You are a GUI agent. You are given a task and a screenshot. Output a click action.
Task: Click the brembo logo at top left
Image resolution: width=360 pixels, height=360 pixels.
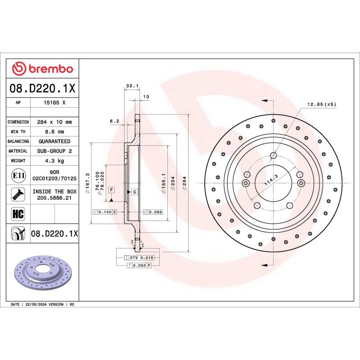click(42, 68)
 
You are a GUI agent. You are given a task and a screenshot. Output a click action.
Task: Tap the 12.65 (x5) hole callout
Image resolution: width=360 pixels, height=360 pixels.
click(321, 104)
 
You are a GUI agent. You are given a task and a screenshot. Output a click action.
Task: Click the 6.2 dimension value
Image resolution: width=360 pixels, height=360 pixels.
click(114, 121)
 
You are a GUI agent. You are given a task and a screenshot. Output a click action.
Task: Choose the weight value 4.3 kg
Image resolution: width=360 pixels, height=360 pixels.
click(55, 161)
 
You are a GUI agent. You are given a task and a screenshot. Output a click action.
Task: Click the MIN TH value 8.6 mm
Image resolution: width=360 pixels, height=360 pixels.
click(55, 131)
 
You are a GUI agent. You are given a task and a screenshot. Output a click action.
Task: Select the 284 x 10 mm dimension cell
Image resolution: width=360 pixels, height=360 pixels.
click(55, 122)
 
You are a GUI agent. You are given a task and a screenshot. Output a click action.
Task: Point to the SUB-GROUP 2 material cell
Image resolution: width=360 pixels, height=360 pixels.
click(55, 151)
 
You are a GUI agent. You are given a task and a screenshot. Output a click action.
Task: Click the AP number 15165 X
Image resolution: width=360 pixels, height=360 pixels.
click(55, 103)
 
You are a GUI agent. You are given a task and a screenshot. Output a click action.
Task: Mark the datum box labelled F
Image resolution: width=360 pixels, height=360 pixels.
click(111, 189)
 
